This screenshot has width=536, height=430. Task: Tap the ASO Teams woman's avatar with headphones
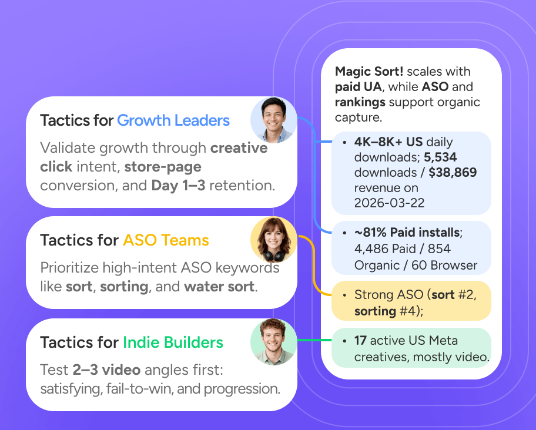274,240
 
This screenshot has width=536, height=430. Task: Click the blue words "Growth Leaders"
173,121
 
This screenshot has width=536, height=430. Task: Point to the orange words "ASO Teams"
166,240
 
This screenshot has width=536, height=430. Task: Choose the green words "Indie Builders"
173,342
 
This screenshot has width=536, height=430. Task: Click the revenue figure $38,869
453,173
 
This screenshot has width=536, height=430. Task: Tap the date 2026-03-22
388,203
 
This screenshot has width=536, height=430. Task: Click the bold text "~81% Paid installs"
407,233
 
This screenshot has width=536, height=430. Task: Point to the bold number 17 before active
360,341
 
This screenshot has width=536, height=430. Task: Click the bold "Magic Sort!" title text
369,72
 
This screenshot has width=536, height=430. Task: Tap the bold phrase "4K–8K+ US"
388,142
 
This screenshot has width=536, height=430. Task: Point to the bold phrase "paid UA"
359,87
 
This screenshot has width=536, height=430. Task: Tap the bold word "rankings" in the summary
360,102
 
